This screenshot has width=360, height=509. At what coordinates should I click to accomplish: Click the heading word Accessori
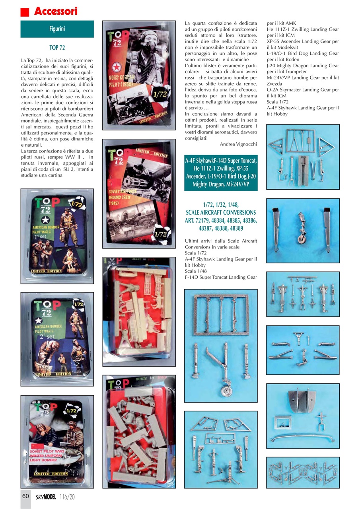tap(56, 12)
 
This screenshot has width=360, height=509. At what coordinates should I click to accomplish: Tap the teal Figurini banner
tap(57, 29)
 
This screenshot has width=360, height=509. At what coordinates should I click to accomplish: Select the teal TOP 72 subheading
tap(57, 48)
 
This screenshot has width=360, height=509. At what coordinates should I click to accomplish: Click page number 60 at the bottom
tap(25, 496)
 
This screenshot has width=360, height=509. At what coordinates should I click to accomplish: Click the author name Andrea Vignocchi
tap(238, 144)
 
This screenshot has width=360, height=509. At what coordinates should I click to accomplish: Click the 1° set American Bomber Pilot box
tap(57, 236)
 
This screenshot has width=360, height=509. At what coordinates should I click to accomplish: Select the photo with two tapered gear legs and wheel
tap(303, 230)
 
